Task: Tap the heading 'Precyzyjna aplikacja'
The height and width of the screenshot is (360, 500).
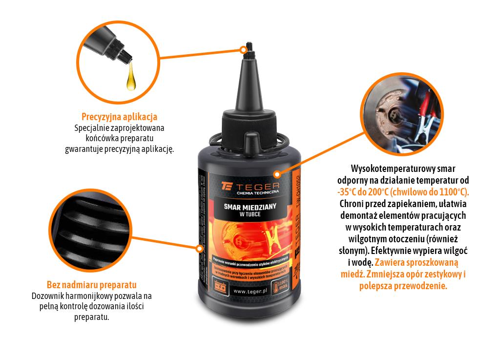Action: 119,117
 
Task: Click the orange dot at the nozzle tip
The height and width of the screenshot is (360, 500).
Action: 243,49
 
